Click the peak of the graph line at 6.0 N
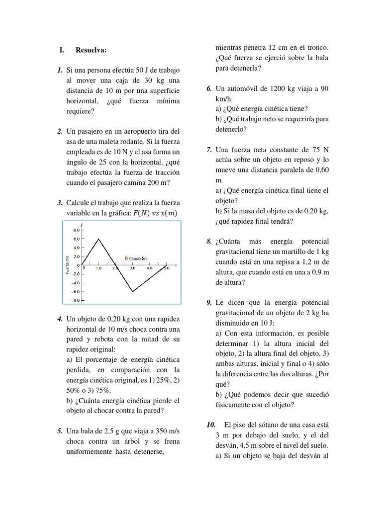tap(98, 239)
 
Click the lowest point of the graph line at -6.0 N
tap(132, 291)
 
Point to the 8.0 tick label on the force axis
tap(77, 230)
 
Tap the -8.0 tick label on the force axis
tap(76, 300)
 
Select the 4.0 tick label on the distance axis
tap(149, 268)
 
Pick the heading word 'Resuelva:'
tap(91, 50)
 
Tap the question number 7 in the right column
tap(209, 149)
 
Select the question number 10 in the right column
tap(210, 424)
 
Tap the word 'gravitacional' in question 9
tap(238, 313)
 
